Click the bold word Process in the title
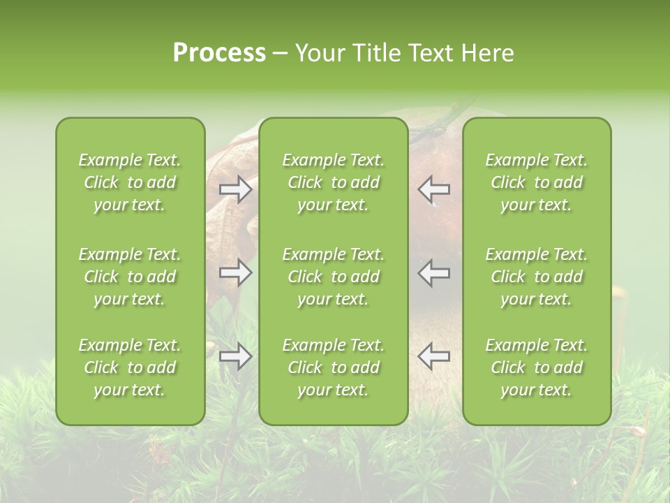[x=219, y=53]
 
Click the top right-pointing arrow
[x=235, y=189]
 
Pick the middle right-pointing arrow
[x=235, y=272]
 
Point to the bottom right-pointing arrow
[x=235, y=357]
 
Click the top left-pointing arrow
[x=434, y=189]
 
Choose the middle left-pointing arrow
[x=434, y=272]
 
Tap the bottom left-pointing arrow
[x=434, y=357]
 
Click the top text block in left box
[x=130, y=182]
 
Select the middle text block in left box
[x=130, y=277]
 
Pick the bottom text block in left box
[x=130, y=367]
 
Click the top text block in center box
[x=333, y=182]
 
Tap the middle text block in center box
[x=333, y=277]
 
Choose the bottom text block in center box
[x=333, y=367]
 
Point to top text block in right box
[x=536, y=182]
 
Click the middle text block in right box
[x=536, y=277]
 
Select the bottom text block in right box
[x=536, y=367]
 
